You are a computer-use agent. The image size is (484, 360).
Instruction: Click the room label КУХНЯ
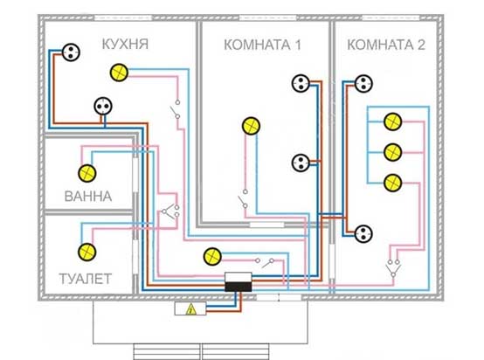pos(125,45)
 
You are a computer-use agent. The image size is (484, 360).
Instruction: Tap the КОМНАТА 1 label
pos(262,45)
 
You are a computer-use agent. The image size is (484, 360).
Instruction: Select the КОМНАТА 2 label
pos(386,45)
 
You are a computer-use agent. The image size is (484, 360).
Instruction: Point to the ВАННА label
pos(88,197)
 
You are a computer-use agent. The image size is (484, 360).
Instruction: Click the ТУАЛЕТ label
pos(86,279)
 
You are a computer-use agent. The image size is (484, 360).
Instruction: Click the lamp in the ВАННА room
pos(87,173)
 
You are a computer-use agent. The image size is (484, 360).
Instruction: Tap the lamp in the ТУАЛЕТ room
pos(87,252)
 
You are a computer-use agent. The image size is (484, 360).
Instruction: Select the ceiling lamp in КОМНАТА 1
pos(251,126)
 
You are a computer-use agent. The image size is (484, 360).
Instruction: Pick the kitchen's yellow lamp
pos(119,73)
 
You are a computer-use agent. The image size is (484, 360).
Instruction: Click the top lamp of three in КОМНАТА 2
pos(392,121)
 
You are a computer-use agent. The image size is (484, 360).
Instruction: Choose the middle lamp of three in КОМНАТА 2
pos(392,152)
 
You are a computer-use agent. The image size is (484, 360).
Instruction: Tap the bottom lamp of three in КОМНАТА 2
pos(392,183)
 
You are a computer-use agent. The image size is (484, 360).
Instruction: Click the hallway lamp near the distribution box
pos(212,257)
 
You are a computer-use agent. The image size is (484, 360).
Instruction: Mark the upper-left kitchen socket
pos(71,52)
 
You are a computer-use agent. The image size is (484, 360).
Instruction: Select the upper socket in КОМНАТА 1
pos(301,83)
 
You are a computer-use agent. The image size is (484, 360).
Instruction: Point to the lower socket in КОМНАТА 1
pos(301,163)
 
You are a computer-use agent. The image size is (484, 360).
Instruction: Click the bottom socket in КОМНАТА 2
pos(363,233)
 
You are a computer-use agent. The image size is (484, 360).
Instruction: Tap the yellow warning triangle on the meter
pos(191,309)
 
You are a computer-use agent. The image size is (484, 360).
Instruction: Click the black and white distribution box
pos(238,282)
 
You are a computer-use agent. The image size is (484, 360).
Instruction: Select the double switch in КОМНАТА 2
pos(393,268)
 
